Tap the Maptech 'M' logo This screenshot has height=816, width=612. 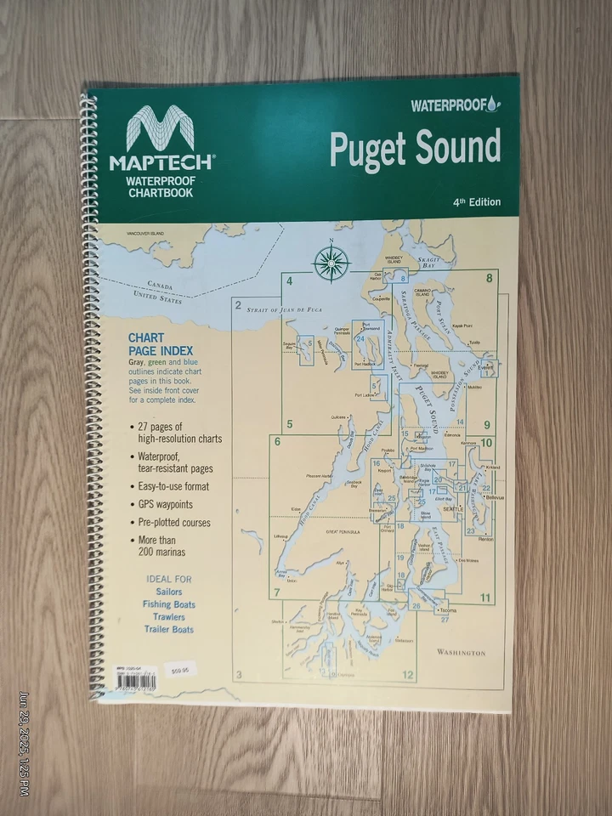point(161,132)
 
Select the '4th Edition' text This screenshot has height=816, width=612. point(477,202)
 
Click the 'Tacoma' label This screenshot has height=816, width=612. point(450,610)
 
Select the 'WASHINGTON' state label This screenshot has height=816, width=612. point(462,652)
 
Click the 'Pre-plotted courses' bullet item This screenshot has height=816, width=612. point(174,522)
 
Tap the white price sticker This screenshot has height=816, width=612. point(180,669)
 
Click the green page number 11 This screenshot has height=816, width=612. point(485,598)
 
